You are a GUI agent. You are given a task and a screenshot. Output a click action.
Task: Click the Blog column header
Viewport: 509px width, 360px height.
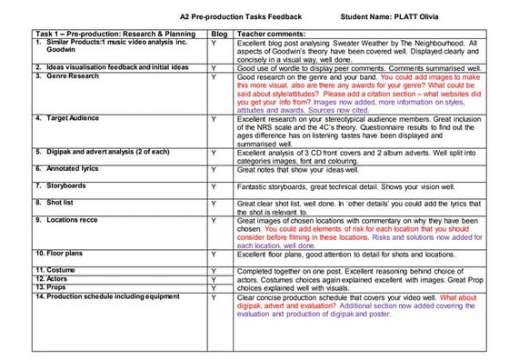[212, 34]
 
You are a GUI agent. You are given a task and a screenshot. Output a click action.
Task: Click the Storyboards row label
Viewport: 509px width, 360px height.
[60, 184]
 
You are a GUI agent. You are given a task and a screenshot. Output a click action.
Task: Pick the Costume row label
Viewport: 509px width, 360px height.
[56, 270]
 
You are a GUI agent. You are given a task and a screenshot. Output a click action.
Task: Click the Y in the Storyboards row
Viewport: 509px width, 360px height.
[212, 185]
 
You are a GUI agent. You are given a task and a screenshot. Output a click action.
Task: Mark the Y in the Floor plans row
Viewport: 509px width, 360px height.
[212, 254]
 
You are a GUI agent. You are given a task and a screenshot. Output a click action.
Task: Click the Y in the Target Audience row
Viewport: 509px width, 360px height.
[212, 119]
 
